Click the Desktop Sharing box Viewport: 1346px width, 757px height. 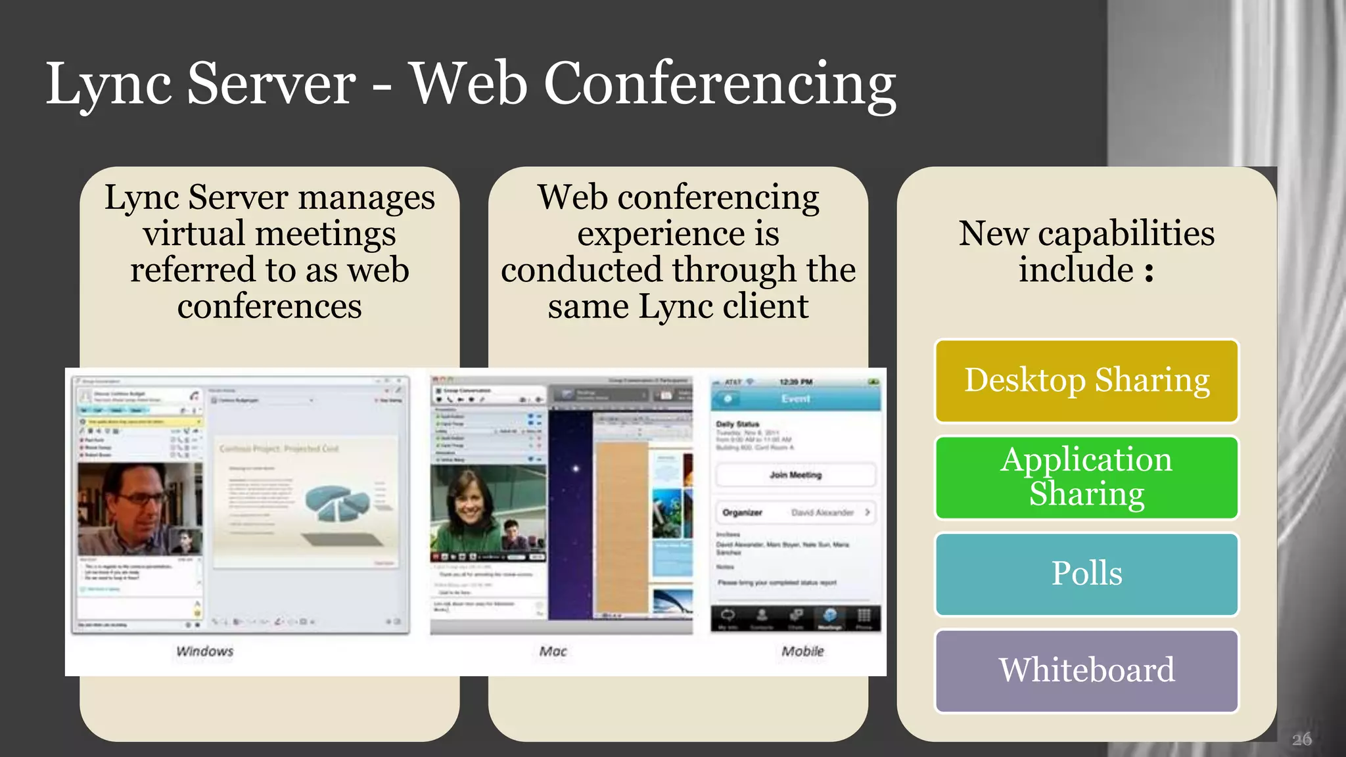(x=1086, y=380)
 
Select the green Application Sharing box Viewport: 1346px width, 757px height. (x=1086, y=477)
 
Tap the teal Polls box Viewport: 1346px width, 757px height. (x=1086, y=574)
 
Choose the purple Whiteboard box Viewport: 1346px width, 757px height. (x=1086, y=670)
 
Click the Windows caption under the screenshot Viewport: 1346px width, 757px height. (x=204, y=651)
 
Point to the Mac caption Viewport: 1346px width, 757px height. (x=553, y=651)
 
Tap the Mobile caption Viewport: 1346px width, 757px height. (x=802, y=651)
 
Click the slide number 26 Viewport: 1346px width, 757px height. (x=1301, y=739)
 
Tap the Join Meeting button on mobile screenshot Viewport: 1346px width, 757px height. (x=795, y=474)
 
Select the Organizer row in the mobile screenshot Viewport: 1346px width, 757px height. (x=795, y=513)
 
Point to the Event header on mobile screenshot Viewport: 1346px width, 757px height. (x=795, y=399)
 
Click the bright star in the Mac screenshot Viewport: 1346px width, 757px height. (x=576, y=469)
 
